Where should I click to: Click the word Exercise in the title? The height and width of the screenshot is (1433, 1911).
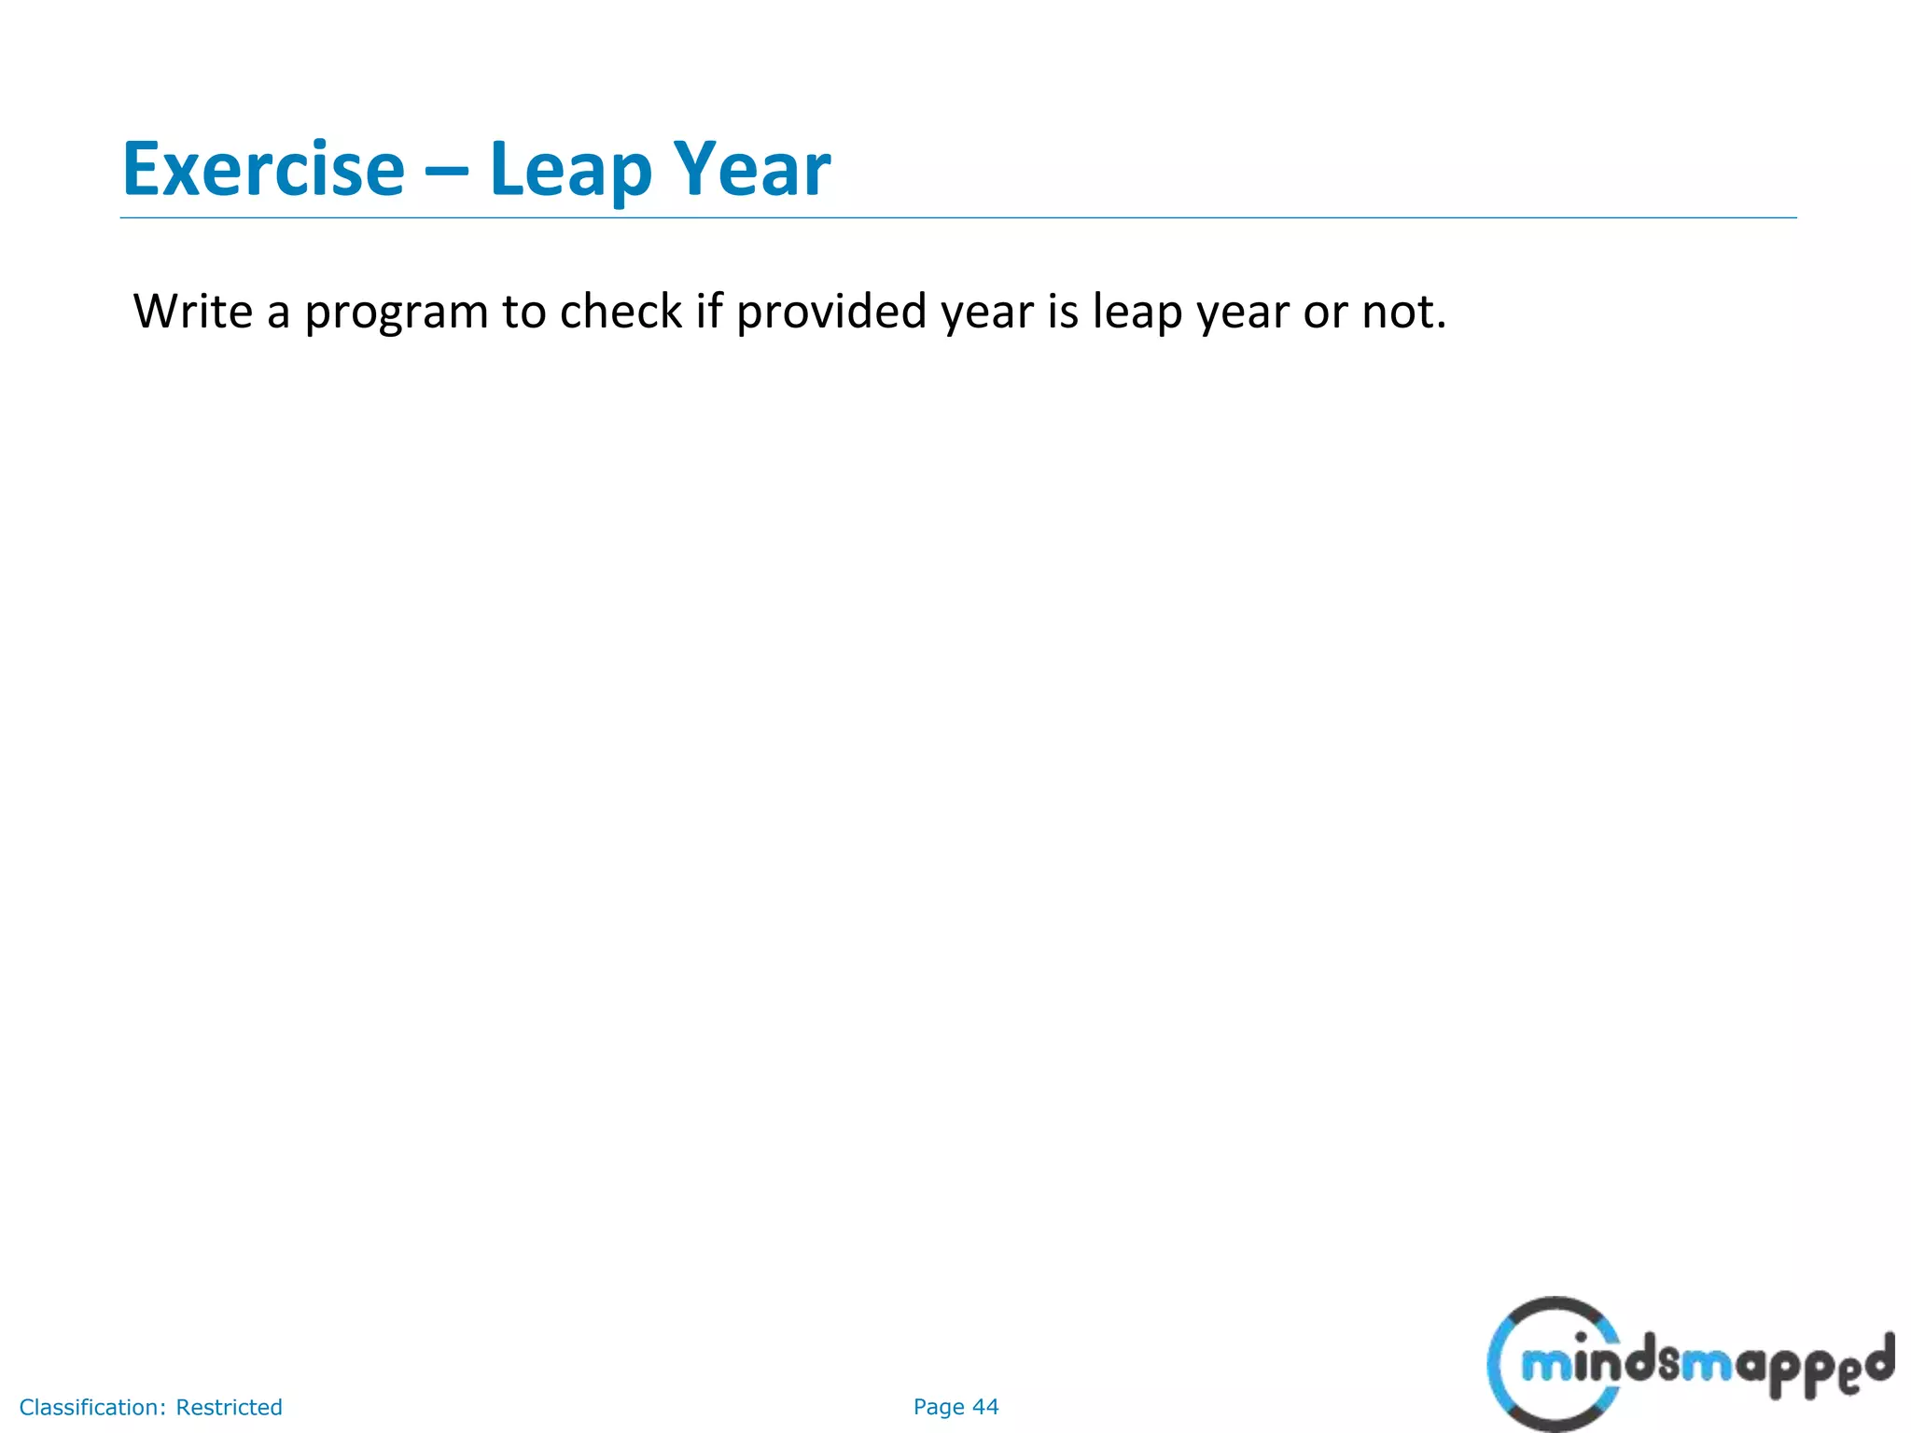coord(264,170)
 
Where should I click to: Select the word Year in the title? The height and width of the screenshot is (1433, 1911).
coord(752,170)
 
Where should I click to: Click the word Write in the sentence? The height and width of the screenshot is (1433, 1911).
coord(192,312)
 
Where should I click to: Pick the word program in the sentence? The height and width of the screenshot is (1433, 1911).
coord(397,313)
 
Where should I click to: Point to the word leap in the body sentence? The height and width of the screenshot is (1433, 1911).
coord(1138,313)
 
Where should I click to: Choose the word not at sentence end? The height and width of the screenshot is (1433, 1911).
coord(1403,313)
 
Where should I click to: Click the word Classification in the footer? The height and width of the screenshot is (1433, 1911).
coord(92,1407)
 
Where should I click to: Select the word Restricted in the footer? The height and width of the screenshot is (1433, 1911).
coord(229,1407)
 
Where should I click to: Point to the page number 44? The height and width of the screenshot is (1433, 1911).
coord(985,1407)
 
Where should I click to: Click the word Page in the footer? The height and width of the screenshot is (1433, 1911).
coord(939,1407)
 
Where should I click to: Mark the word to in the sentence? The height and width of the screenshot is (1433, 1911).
coord(523,313)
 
